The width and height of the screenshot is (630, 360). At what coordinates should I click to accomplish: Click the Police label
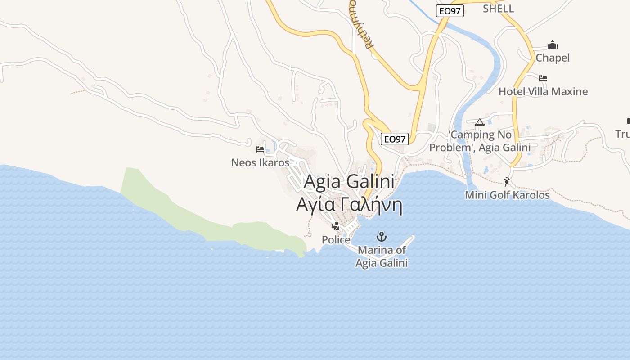(x=336, y=240)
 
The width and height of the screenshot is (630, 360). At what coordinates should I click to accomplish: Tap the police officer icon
(x=335, y=226)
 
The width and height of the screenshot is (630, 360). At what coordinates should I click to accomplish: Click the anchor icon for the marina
(x=382, y=236)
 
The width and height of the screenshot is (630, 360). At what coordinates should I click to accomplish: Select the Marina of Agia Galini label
(x=382, y=256)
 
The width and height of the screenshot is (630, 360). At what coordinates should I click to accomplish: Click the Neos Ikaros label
(x=260, y=162)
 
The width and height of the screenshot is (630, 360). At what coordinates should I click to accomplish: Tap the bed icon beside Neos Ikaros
(x=260, y=149)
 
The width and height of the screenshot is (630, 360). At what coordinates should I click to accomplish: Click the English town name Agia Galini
(x=349, y=182)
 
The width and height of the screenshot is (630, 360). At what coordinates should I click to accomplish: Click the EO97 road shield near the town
(x=395, y=139)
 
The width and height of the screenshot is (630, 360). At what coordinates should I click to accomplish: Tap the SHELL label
(x=498, y=9)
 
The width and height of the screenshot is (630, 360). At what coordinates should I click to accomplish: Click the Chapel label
(x=552, y=58)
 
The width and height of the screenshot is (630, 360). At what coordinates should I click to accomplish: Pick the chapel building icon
(x=552, y=45)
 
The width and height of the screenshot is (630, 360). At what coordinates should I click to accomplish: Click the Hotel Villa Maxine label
(x=543, y=91)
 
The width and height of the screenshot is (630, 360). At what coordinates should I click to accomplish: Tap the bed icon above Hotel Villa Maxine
(x=543, y=78)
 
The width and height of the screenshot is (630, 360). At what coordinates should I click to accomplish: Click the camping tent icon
(x=479, y=122)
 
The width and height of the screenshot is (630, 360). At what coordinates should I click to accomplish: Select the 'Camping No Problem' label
(x=480, y=141)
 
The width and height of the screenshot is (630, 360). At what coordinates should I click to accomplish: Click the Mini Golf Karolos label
(x=507, y=195)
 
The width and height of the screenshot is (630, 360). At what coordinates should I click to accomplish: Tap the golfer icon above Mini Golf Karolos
(x=507, y=182)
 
